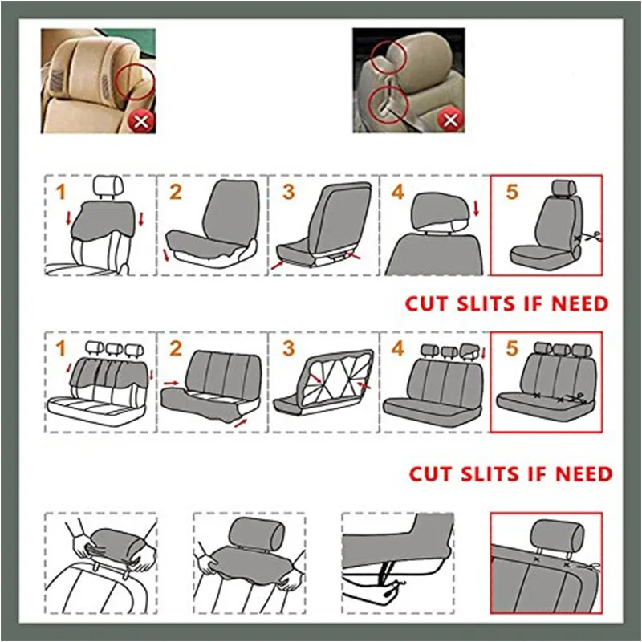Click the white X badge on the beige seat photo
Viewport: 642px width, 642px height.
(x=141, y=121)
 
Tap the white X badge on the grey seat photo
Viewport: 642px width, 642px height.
(x=450, y=120)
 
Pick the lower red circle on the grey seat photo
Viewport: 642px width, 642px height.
(x=388, y=104)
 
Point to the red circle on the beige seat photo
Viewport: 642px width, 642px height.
(x=135, y=82)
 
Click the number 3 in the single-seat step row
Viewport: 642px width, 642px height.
(x=288, y=192)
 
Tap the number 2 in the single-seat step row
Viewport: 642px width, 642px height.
(x=176, y=192)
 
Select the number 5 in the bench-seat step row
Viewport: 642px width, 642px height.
(x=512, y=348)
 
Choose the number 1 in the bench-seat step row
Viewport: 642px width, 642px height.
(x=61, y=349)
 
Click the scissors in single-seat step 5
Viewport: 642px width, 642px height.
(x=593, y=236)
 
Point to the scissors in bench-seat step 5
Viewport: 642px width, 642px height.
(x=577, y=398)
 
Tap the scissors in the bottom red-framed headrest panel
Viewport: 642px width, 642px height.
(x=592, y=568)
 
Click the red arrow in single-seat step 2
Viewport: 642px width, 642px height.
(x=166, y=254)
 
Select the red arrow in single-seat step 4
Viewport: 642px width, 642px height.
(x=476, y=209)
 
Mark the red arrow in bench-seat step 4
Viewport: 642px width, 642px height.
(x=484, y=353)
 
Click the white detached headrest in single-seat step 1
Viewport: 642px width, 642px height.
(x=109, y=186)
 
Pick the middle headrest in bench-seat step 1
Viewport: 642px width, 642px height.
(x=113, y=349)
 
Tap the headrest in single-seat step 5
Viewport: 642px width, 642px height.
(x=564, y=188)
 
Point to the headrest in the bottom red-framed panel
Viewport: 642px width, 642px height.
(x=557, y=537)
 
